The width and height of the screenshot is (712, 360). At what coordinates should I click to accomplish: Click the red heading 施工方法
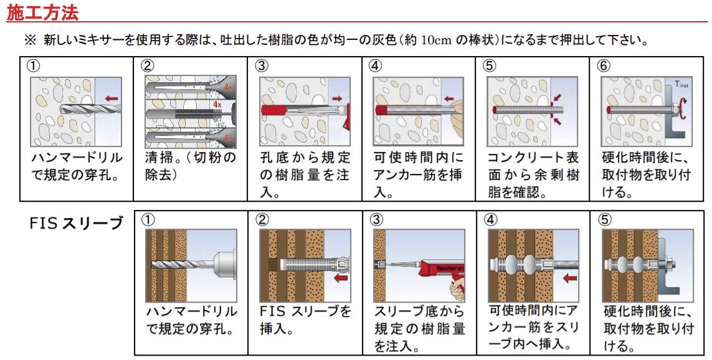(42, 12)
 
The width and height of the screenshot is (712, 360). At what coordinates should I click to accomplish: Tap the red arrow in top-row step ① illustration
(112, 98)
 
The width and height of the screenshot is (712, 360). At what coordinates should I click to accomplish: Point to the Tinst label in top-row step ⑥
(681, 83)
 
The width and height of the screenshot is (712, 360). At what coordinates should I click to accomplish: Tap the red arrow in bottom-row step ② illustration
(341, 278)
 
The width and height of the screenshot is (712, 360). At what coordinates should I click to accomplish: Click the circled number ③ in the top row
(262, 65)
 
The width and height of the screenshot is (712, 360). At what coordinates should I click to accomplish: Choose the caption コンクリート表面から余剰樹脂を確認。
(533, 174)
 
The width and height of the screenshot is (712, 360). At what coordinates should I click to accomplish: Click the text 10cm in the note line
(435, 40)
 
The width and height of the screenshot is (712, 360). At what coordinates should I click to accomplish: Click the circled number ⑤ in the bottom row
(605, 219)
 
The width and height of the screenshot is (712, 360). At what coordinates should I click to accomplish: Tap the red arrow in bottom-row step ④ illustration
(568, 278)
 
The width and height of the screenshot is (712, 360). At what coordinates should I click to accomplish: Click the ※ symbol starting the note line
(32, 40)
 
